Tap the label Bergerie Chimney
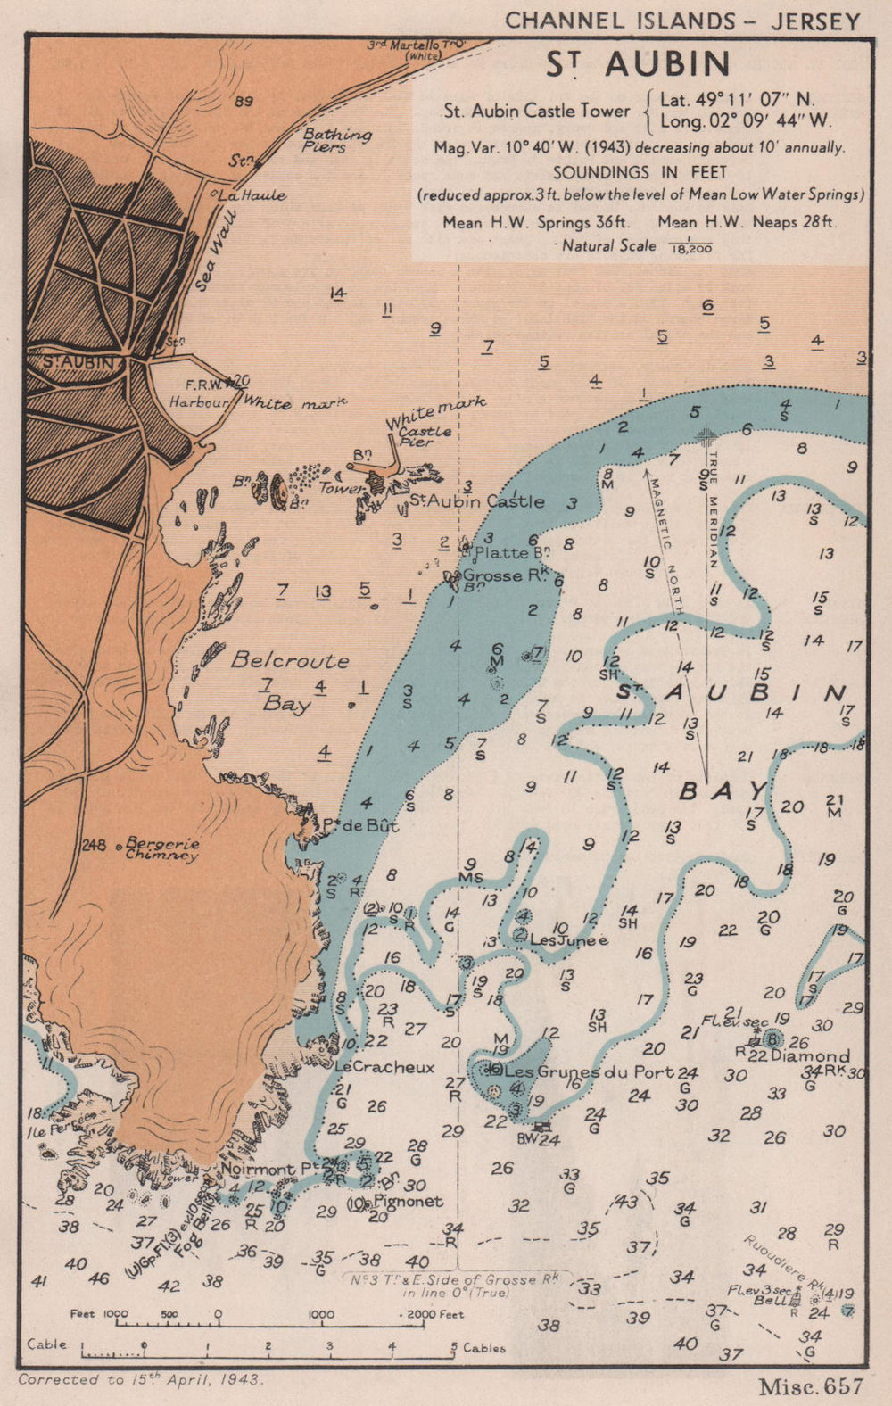[161, 848]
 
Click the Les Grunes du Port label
[589, 1072]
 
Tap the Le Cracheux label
[385, 1067]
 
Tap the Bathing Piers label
[335, 140]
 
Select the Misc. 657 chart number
[811, 1385]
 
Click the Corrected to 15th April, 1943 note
[140, 1379]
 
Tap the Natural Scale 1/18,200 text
[636, 245]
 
